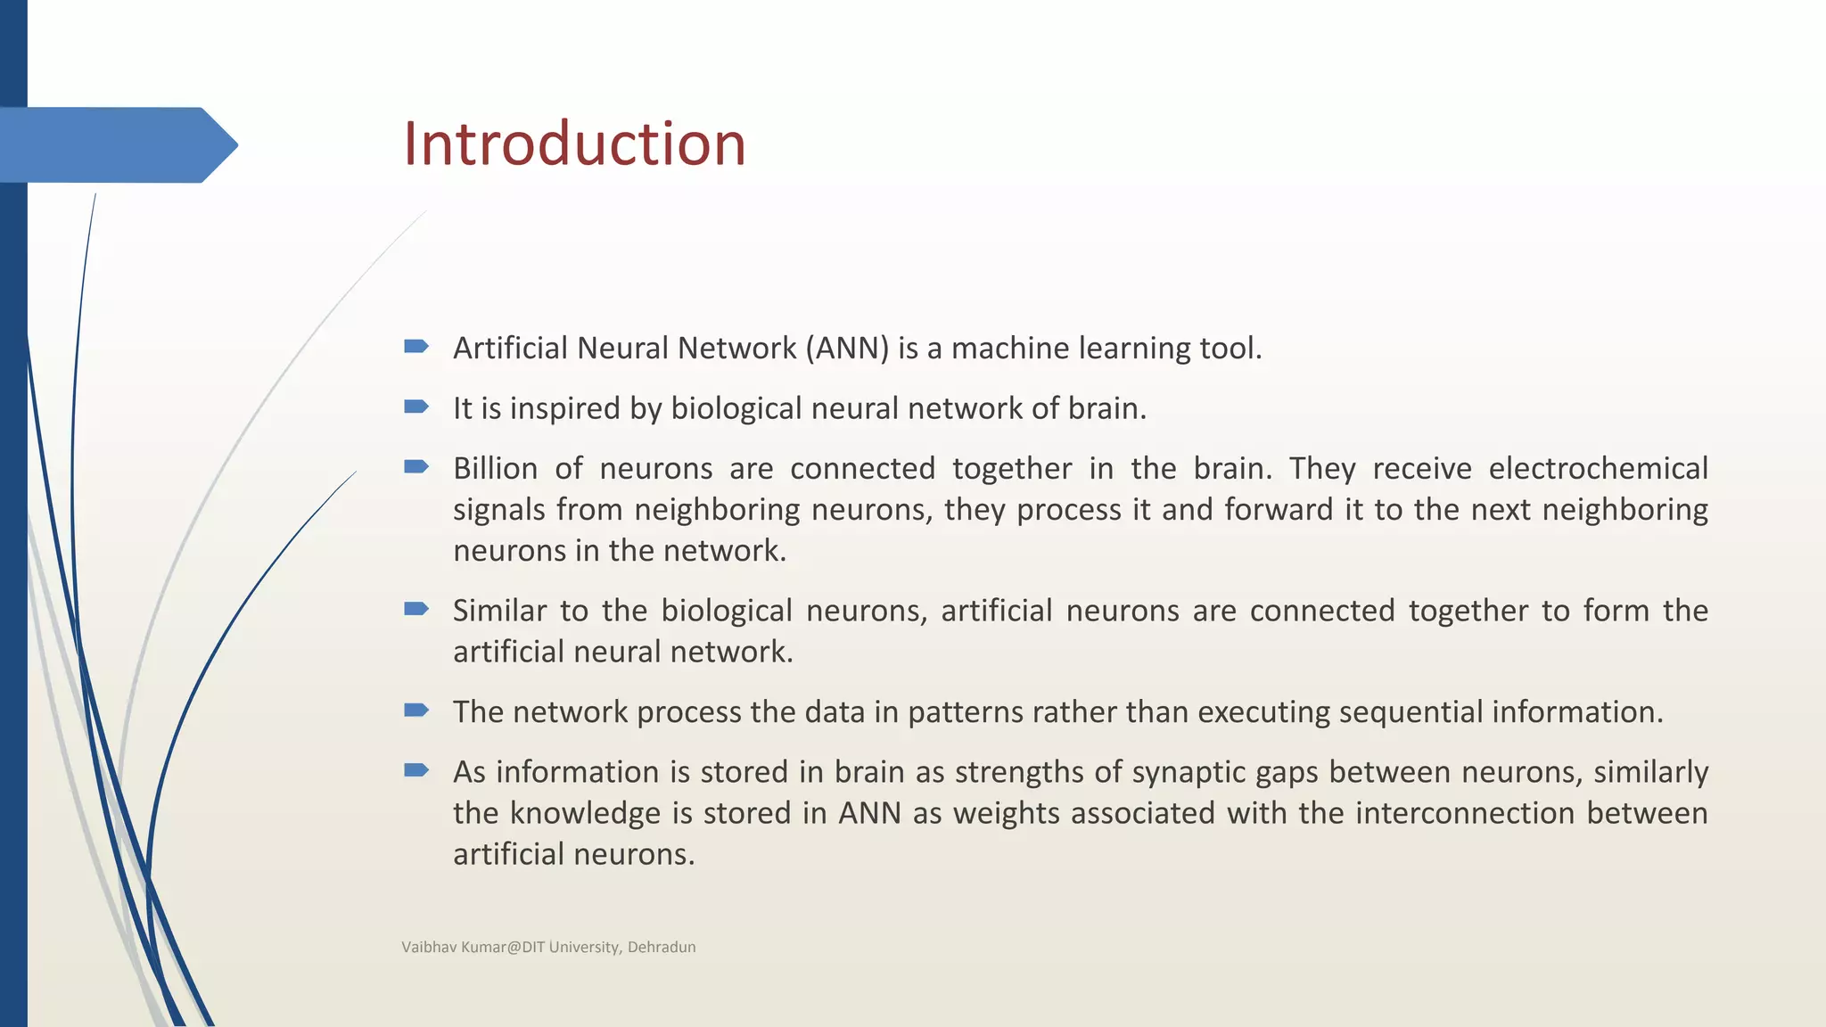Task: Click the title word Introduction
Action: [574, 144]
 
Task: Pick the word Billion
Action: [496, 468]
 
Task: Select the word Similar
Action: [499, 611]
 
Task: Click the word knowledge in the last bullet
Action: [586, 813]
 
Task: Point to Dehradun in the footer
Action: [662, 947]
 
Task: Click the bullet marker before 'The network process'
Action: [416, 711]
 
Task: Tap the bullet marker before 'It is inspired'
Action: [416, 407]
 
